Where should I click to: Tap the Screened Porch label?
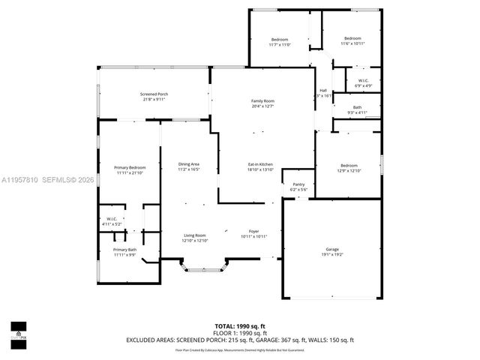click(x=154, y=94)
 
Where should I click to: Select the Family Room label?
click(x=262, y=101)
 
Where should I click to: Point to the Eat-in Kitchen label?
click(x=260, y=163)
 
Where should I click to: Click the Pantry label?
click(x=298, y=184)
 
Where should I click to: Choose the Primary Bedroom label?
click(x=130, y=167)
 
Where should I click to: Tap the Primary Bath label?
click(x=124, y=250)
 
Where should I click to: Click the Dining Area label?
click(x=188, y=164)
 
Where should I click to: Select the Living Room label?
click(x=195, y=235)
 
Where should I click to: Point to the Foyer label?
click(x=254, y=231)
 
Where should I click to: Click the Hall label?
click(x=323, y=91)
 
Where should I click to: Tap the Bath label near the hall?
click(x=357, y=107)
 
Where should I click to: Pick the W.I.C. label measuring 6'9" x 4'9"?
click(x=363, y=81)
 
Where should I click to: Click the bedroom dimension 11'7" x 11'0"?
click(x=279, y=44)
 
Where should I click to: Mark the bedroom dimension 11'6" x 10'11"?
click(x=352, y=44)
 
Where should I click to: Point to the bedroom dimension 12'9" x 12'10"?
click(x=349, y=171)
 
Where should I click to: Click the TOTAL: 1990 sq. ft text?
click(x=240, y=325)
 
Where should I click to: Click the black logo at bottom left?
click(x=18, y=331)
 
